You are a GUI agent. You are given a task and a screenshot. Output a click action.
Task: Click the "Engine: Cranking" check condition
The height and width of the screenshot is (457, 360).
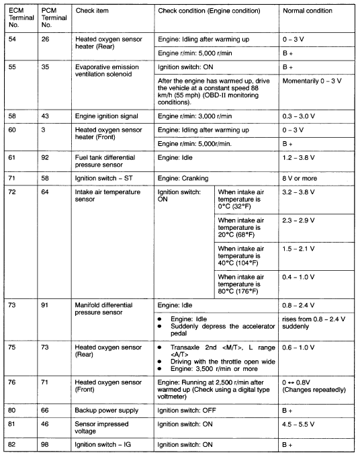point(183,179)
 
